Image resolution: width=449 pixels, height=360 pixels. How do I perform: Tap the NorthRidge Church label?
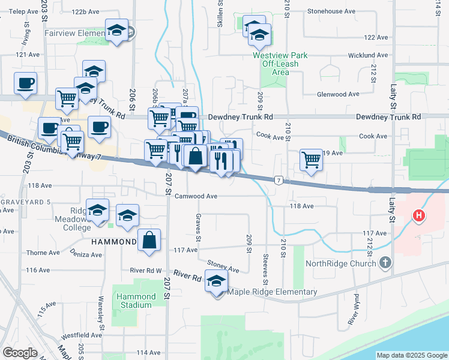click(x=340, y=263)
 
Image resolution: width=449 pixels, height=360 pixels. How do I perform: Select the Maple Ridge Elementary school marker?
click(x=216, y=281)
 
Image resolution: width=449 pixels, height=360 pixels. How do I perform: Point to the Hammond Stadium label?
click(x=134, y=301)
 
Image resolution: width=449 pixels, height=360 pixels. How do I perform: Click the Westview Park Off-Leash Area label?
click(x=280, y=64)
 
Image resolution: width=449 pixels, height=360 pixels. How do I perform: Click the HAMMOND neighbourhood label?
click(x=114, y=242)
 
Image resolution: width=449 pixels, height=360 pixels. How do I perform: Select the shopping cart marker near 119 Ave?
click(x=311, y=160)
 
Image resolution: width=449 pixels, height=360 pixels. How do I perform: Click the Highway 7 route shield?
click(x=279, y=180)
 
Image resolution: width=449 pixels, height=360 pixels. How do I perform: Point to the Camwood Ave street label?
click(x=196, y=196)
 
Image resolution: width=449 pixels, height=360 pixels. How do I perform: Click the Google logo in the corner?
click(x=20, y=352)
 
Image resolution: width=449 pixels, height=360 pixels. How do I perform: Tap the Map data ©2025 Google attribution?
click(x=411, y=355)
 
